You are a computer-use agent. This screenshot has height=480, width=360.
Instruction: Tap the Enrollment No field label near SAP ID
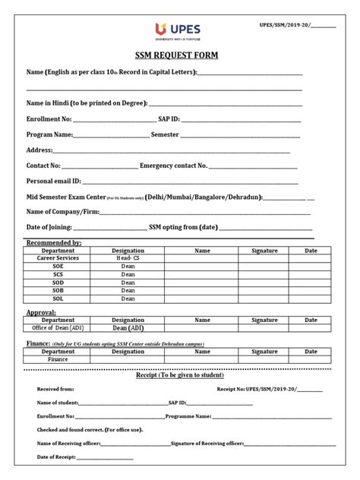pyautogui.click(x=49, y=119)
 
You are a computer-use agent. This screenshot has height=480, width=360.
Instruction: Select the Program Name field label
pyautogui.click(x=50, y=134)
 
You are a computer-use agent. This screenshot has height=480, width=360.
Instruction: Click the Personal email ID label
pyautogui.click(x=54, y=181)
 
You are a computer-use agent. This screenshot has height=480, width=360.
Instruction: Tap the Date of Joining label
pyautogui.click(x=49, y=227)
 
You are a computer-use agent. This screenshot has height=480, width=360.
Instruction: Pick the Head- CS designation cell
pyautogui.click(x=128, y=258)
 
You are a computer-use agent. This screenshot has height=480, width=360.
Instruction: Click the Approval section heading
pyautogui.click(x=41, y=312)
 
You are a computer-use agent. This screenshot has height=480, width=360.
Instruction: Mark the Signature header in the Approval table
pyautogui.click(x=264, y=321)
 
